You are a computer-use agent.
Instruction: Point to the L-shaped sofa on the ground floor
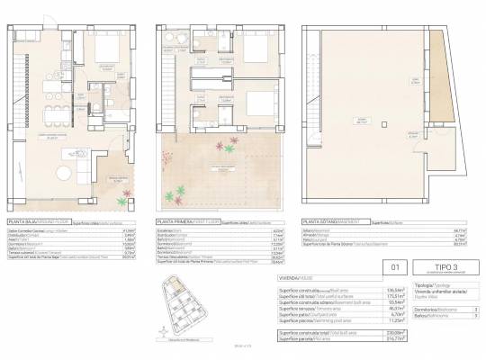[82, 167]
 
